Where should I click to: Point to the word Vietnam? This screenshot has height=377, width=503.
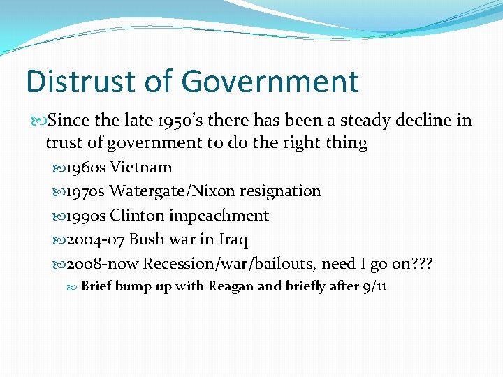(x=141, y=168)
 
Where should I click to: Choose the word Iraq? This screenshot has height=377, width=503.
(x=233, y=239)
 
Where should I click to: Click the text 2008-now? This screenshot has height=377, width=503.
(x=101, y=263)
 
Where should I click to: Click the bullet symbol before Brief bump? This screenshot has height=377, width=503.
(x=73, y=286)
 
